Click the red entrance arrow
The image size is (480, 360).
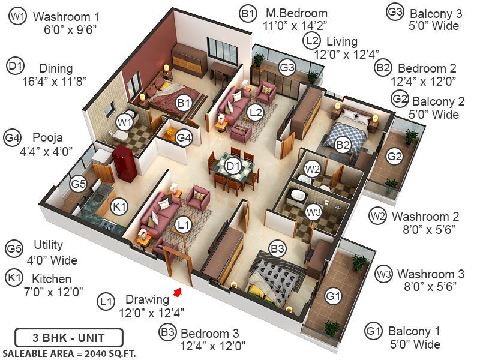click(x=177, y=292)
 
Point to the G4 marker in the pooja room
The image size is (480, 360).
click(x=184, y=138)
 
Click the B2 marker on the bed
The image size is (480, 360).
click(x=343, y=144)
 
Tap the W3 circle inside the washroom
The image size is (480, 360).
click(x=313, y=211)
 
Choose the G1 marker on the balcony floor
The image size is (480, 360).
click(x=334, y=295)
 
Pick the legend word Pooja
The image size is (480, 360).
click(x=48, y=137)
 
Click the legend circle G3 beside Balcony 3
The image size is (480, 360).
click(x=395, y=13)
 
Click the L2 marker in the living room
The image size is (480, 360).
click(x=256, y=112)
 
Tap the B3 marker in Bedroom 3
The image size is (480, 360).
click(x=277, y=247)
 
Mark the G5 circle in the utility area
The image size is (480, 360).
click(x=79, y=184)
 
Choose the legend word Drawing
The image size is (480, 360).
click(x=147, y=299)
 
